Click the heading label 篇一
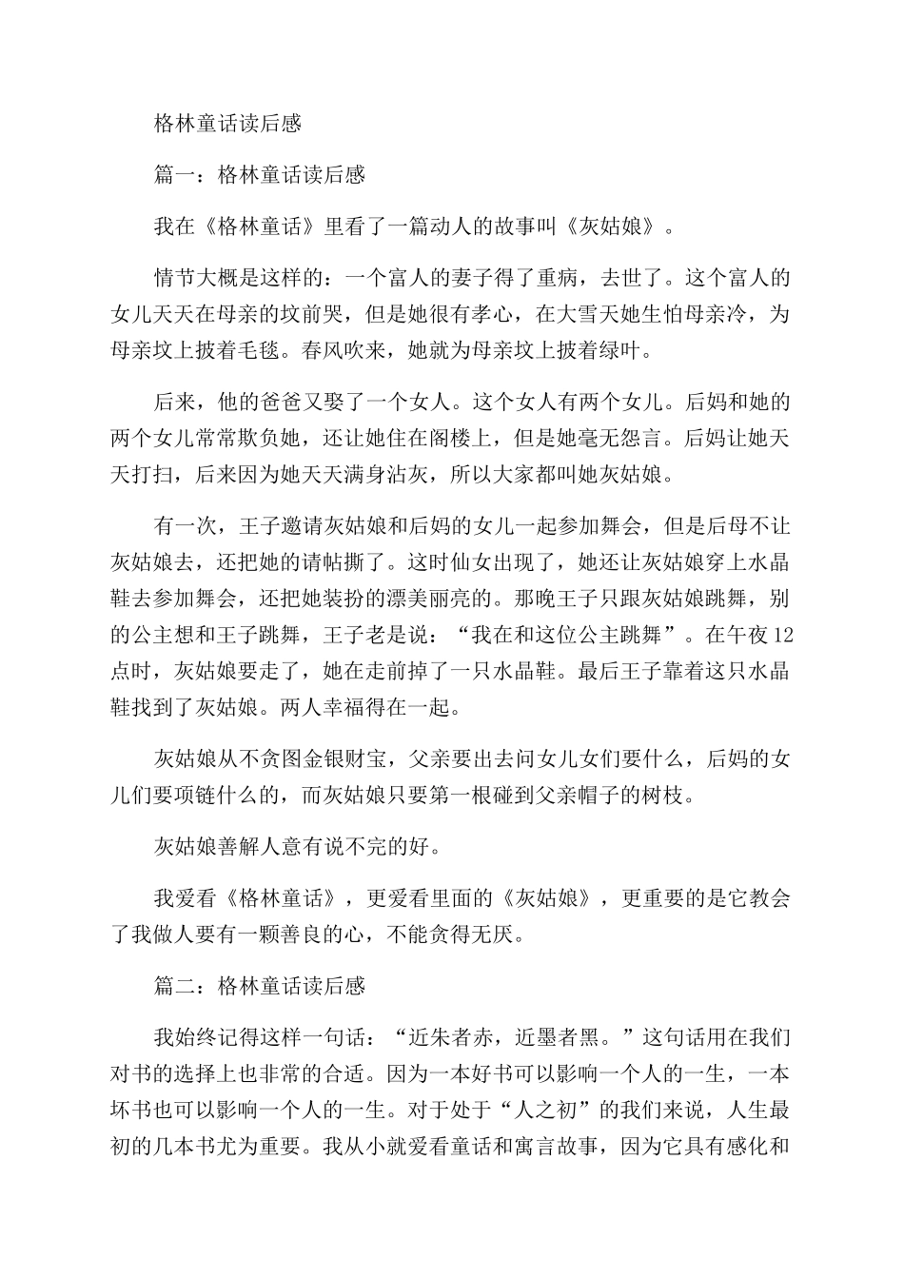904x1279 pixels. tap(175, 175)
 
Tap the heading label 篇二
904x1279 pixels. tap(175, 986)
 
